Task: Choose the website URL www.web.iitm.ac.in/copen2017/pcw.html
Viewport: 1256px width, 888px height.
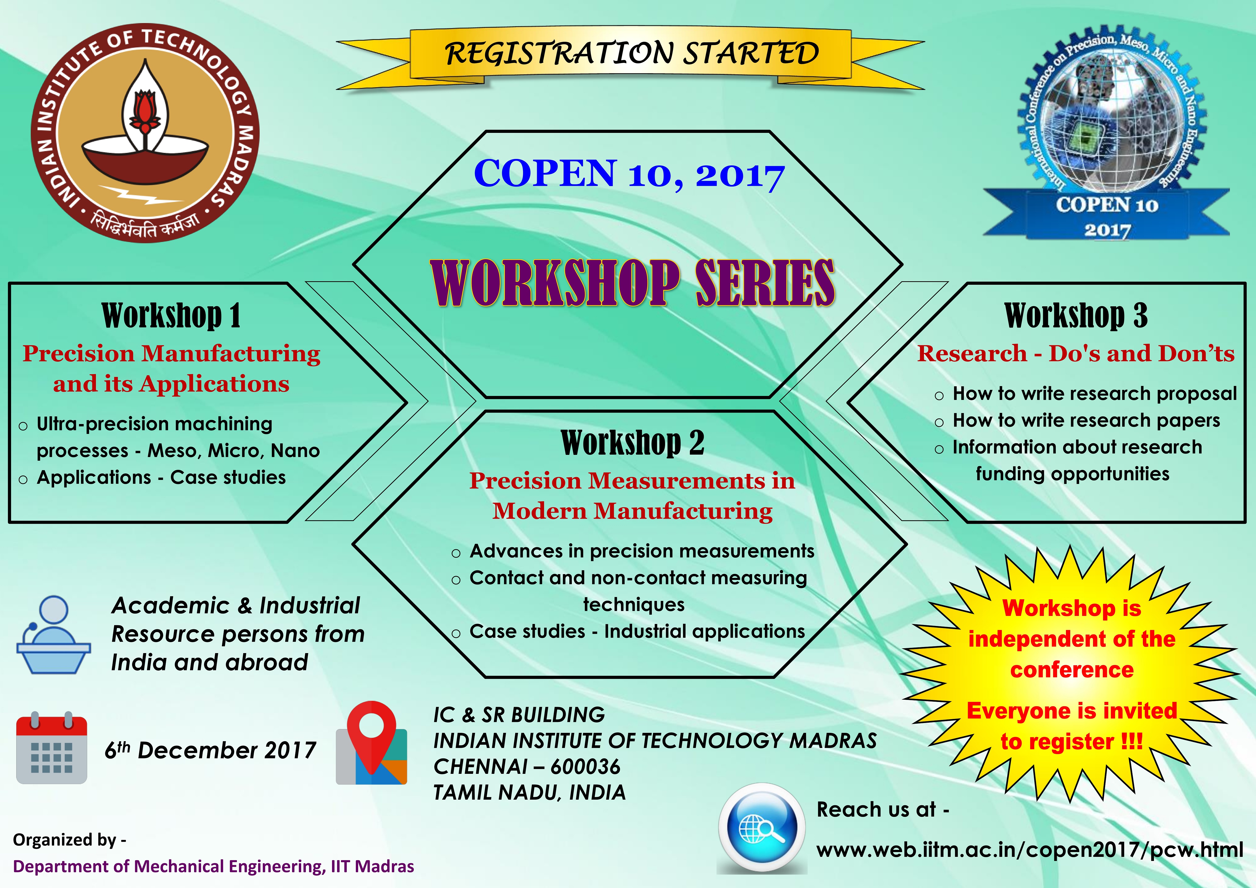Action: tap(1029, 850)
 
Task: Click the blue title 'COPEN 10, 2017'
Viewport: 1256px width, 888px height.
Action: tap(629, 174)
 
